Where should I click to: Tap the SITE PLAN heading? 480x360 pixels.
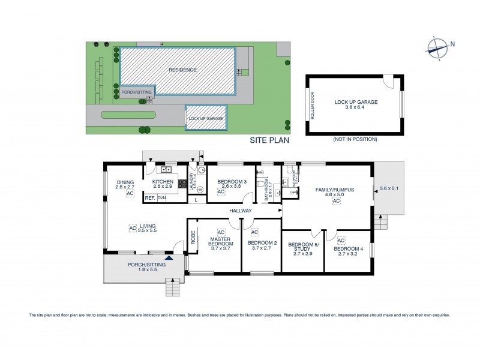[x=270, y=140]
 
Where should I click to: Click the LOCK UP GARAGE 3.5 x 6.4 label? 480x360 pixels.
[x=356, y=105]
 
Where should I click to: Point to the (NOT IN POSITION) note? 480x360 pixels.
[x=354, y=139]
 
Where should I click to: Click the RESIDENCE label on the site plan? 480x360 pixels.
[x=182, y=70]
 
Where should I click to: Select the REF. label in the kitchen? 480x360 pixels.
[x=149, y=197]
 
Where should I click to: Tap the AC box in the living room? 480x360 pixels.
[x=132, y=227]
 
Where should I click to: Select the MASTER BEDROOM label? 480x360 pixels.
[x=220, y=242]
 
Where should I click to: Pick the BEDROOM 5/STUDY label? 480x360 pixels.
[x=303, y=247]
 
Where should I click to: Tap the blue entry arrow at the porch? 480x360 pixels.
[x=169, y=258]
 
